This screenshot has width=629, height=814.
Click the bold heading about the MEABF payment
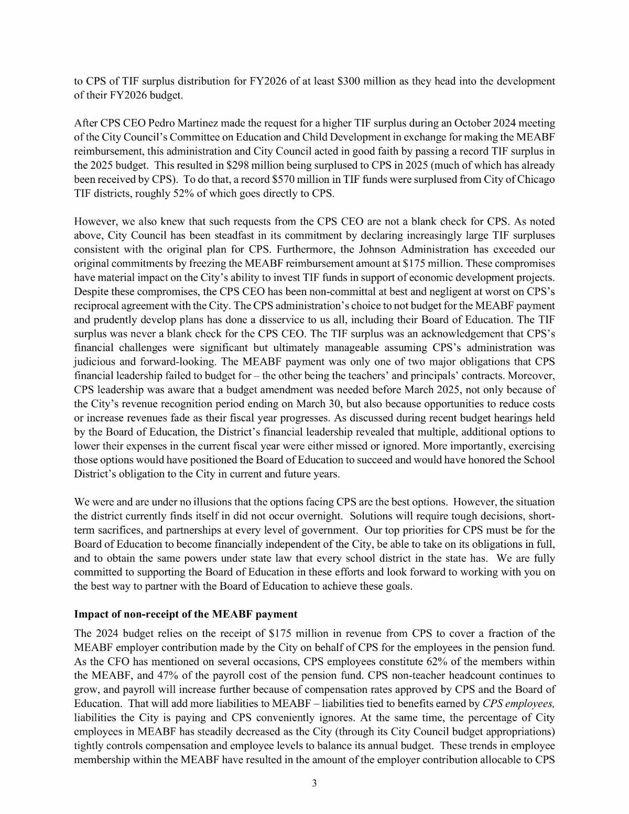point(186,614)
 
